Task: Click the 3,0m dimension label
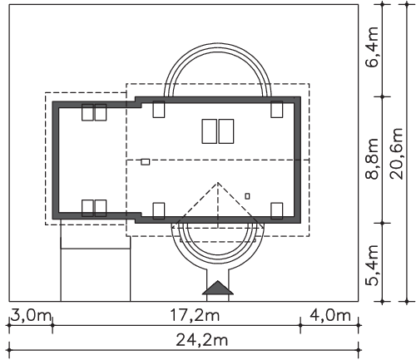click(31, 316)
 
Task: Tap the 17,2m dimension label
click(195, 316)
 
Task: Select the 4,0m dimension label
click(330, 316)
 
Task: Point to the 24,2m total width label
click(201, 340)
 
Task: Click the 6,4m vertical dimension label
click(372, 47)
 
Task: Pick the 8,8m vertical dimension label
click(372, 159)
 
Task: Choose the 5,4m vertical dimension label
click(372, 265)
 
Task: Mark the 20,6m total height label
click(396, 154)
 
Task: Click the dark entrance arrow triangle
click(218, 288)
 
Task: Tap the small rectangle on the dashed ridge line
click(146, 162)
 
